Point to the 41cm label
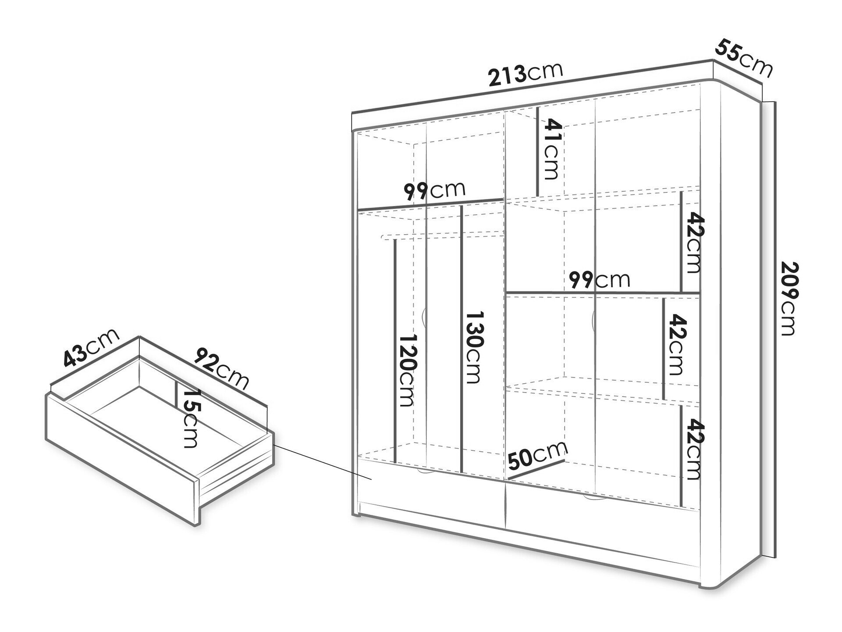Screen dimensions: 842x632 coord(551,150)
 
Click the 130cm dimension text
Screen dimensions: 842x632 coord(473,348)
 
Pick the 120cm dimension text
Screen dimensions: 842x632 coord(406,371)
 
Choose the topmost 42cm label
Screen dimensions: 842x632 coord(691,243)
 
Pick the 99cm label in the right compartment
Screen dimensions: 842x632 coord(599,279)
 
